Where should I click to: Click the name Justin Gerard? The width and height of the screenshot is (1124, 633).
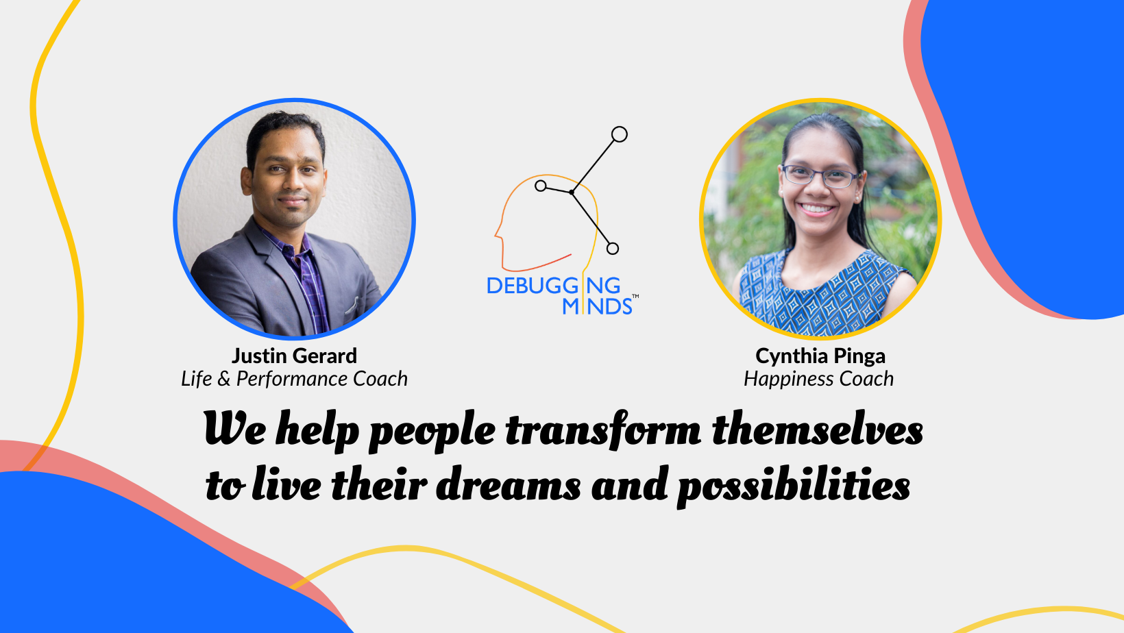coord(294,356)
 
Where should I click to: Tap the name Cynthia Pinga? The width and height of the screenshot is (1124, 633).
coord(820,356)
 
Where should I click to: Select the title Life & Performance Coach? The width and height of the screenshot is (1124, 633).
coord(294,379)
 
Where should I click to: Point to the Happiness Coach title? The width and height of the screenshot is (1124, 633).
coord(818,379)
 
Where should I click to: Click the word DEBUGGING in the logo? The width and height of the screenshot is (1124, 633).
coord(554,286)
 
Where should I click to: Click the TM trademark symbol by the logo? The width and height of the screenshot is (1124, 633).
coord(635,297)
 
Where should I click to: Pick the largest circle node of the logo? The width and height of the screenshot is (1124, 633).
coord(619,134)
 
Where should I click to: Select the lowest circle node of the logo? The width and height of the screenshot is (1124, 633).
coord(613,248)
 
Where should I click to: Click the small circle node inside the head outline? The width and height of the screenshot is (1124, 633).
coord(541,186)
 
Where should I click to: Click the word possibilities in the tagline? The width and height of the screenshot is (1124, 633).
coord(794,486)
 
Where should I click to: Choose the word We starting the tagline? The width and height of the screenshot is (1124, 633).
coord(234,428)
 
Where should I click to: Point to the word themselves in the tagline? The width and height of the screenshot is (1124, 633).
coord(818,430)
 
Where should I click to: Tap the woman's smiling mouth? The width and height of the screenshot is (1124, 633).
coord(816,209)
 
